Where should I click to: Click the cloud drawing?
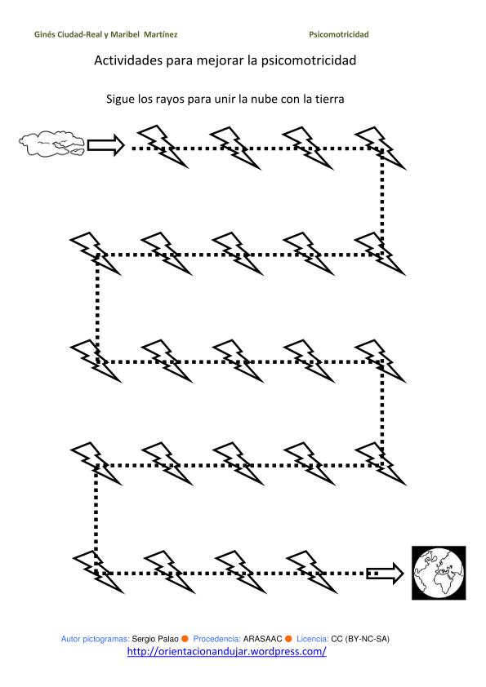click(51, 144)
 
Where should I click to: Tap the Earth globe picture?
click(439, 573)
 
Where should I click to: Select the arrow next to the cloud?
click(105, 145)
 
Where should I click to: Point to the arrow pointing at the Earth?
click(385, 573)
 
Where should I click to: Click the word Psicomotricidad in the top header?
click(339, 34)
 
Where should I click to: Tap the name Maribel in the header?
click(125, 34)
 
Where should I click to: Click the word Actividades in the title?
click(128, 60)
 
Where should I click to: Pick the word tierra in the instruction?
click(329, 99)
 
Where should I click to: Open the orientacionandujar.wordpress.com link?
click(227, 652)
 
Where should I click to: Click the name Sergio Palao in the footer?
click(155, 639)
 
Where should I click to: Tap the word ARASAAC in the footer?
click(262, 639)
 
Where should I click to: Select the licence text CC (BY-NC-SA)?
click(360, 639)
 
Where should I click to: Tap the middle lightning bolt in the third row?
click(238, 361)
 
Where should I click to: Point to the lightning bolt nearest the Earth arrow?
click(311, 572)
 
